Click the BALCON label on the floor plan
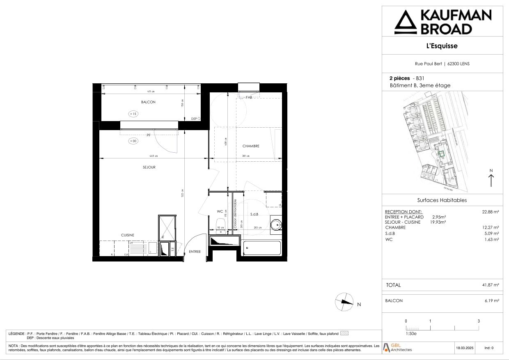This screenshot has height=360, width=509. [x=148, y=102]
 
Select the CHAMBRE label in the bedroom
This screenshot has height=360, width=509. [x=251, y=146]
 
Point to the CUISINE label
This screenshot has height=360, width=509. [x=127, y=235]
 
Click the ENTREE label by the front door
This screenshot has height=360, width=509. [x=195, y=252]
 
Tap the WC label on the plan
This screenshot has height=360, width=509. [x=220, y=211]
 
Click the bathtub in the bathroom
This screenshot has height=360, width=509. [x=262, y=248]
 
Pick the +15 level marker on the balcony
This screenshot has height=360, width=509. [x=133, y=114]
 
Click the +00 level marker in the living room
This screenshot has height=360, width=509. [x=133, y=141]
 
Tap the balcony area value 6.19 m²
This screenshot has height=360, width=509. [x=492, y=301]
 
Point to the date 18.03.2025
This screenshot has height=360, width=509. [x=464, y=348]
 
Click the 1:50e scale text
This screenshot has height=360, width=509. [x=411, y=334]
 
